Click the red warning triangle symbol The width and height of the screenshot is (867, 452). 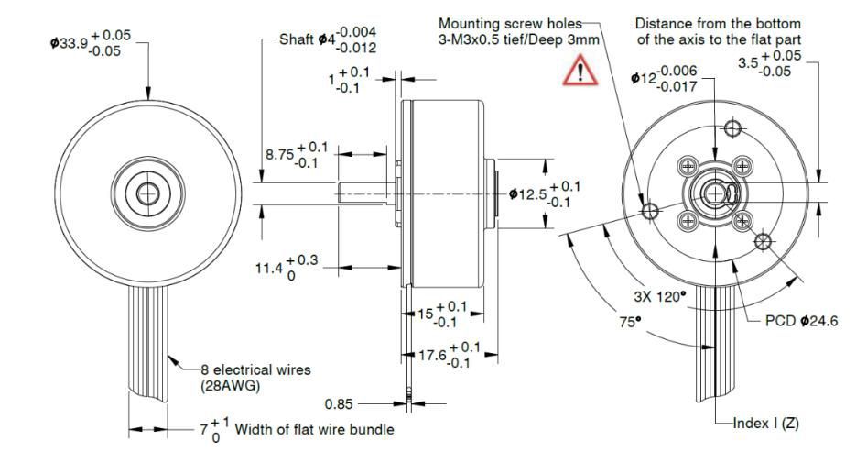[x=578, y=71]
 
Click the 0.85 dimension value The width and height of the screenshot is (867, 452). [x=339, y=402]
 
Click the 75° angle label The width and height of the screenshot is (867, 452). [x=628, y=323]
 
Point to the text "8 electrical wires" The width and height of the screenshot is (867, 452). [x=256, y=369]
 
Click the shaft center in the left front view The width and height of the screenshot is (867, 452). [x=146, y=192]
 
